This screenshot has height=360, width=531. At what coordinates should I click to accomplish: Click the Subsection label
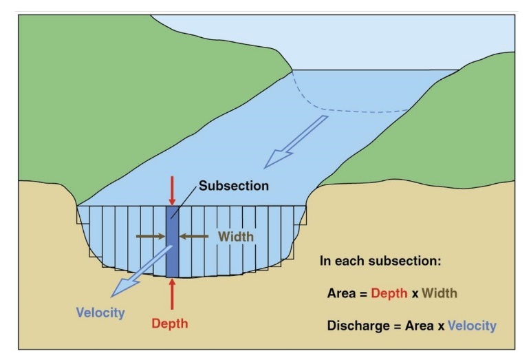pyautogui.click(x=234, y=186)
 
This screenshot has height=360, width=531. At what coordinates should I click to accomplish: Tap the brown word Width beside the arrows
pyautogui.click(x=236, y=236)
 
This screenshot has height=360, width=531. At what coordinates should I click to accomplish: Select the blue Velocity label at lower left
pyautogui.click(x=100, y=313)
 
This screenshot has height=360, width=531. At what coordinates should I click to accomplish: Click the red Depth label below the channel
pyautogui.click(x=169, y=323)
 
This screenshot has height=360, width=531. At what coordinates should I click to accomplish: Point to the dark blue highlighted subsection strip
pyautogui.click(x=172, y=248)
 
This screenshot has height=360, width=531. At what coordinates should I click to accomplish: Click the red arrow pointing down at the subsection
pyautogui.click(x=172, y=190)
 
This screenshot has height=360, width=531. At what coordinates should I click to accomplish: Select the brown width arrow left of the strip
pyautogui.click(x=151, y=236)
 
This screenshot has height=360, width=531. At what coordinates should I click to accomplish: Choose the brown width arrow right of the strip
pyautogui.click(x=195, y=236)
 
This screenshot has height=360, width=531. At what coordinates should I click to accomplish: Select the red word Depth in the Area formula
pyautogui.click(x=389, y=293)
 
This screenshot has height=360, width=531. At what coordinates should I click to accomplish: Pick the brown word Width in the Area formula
pyautogui.click(x=440, y=293)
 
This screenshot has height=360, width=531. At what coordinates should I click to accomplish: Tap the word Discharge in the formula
pyautogui.click(x=357, y=324)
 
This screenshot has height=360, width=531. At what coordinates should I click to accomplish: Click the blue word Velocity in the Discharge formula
pyautogui.click(x=472, y=324)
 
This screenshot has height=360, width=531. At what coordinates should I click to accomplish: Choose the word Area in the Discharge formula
pyautogui.click(x=416, y=324)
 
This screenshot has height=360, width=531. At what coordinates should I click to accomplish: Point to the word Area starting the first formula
pyautogui.click(x=342, y=293)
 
